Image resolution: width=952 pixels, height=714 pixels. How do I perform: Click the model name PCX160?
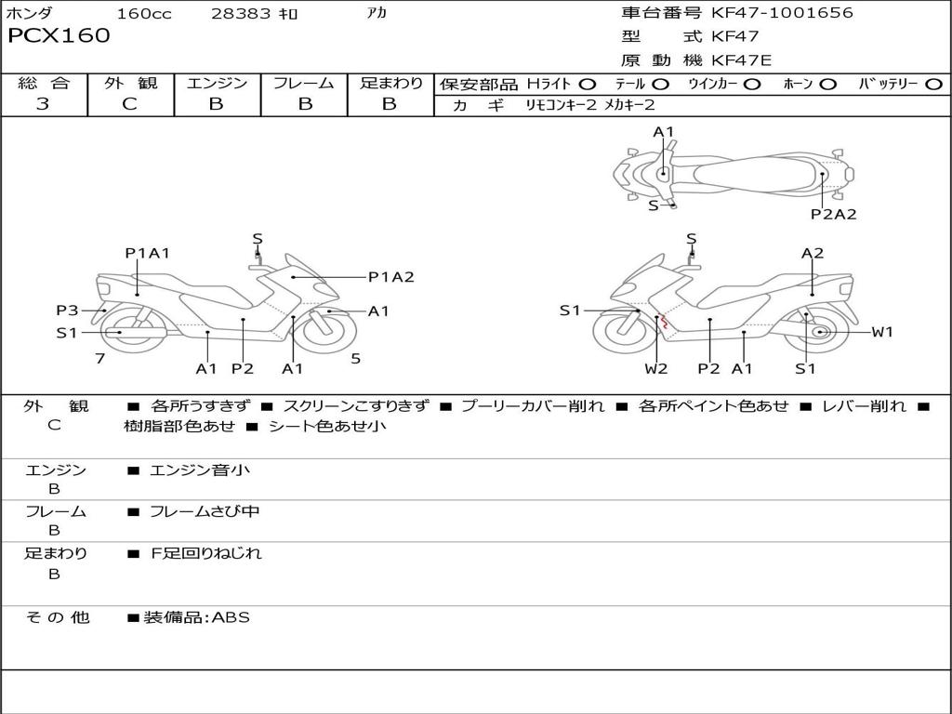point(59,35)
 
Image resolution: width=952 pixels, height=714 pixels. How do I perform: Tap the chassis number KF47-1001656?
point(782,12)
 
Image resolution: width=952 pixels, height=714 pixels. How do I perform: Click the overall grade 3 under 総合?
point(43,104)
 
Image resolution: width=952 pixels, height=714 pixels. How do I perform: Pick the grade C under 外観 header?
point(130,104)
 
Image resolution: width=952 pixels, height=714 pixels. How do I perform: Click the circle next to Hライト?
point(588,85)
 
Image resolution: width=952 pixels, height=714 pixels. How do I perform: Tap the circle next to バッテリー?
point(933,85)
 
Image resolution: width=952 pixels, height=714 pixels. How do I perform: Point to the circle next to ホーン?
point(828,85)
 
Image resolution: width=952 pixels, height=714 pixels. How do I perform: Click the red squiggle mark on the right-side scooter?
point(663,321)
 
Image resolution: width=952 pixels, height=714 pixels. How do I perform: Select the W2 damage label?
point(655,368)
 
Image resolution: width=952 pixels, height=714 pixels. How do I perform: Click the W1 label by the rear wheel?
point(882,332)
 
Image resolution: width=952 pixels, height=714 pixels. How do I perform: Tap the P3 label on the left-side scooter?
point(67,311)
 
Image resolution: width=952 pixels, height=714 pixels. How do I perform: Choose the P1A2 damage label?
point(391,277)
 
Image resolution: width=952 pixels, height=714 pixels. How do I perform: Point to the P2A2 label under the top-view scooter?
point(834,214)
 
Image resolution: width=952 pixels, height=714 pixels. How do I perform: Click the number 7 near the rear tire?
point(100,359)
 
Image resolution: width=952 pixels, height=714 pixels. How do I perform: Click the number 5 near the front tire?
point(356,359)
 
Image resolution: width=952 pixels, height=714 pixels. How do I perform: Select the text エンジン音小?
point(199,469)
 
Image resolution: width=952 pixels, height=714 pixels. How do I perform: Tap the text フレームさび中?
point(205,512)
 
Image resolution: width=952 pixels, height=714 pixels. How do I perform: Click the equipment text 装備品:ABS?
point(196,617)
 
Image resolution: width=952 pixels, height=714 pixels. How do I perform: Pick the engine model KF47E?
point(741,60)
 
